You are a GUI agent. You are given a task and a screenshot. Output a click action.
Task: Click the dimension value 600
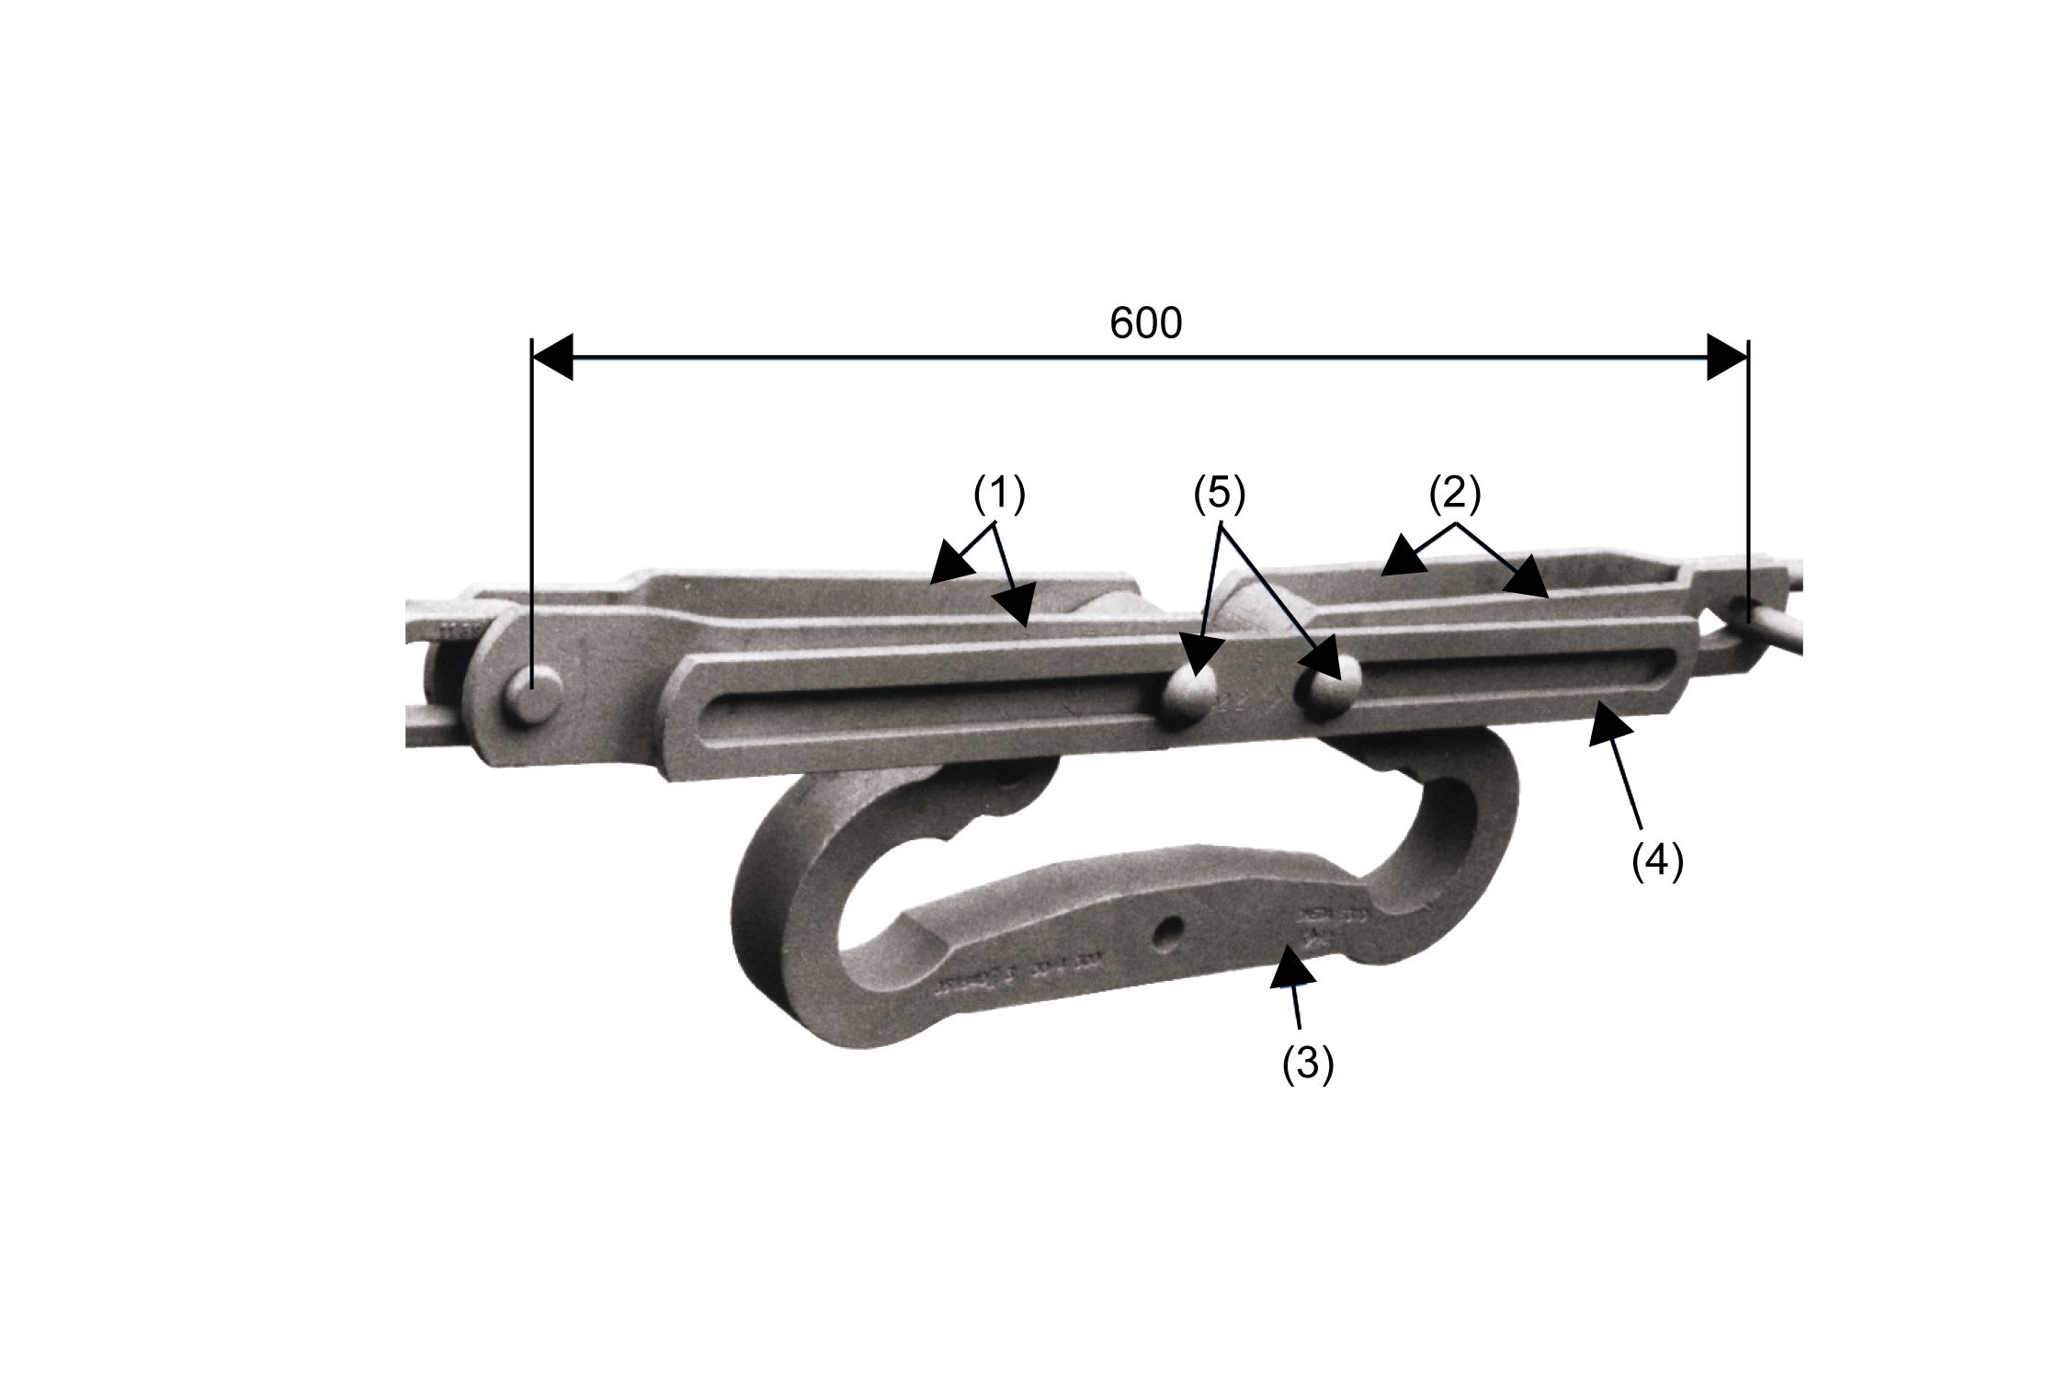click(1145, 324)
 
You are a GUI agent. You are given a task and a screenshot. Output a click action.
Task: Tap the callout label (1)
click(999, 495)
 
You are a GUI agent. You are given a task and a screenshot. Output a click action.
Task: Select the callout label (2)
click(1455, 494)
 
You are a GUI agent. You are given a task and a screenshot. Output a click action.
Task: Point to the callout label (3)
click(1308, 1065)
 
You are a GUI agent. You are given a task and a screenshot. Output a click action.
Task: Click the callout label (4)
click(1657, 861)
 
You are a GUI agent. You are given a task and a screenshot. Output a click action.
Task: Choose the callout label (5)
click(1219, 494)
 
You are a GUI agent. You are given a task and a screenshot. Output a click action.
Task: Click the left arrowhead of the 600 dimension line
click(553, 357)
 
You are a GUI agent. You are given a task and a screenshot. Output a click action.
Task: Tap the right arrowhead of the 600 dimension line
click(1727, 357)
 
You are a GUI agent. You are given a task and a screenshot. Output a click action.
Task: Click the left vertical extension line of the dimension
click(532, 506)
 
